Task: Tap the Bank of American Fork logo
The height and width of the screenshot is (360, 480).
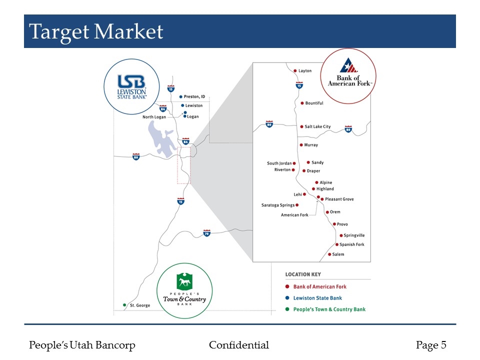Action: click(349, 76)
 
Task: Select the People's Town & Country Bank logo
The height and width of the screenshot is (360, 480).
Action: click(184, 290)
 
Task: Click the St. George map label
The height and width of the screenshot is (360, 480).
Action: click(140, 305)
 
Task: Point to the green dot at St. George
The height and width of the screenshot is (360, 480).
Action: click(124, 305)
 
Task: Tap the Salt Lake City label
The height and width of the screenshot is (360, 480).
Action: click(317, 127)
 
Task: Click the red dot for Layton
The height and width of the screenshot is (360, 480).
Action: click(295, 71)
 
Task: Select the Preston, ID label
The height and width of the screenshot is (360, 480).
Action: click(195, 96)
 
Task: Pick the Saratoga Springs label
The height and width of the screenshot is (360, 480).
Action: click(278, 205)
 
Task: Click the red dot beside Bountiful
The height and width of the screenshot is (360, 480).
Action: click(302, 103)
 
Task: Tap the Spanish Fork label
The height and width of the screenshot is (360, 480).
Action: click(352, 244)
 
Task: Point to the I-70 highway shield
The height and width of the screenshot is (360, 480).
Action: click(206, 233)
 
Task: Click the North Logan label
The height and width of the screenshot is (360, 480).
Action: click(154, 117)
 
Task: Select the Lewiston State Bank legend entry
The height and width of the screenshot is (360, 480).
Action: click(317, 298)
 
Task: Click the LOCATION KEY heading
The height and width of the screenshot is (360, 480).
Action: click(303, 274)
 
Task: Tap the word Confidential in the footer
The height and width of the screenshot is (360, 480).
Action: click(239, 345)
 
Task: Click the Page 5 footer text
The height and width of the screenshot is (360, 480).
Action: click(431, 345)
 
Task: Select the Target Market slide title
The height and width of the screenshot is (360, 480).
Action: click(96, 32)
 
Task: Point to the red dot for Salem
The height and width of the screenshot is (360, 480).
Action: click(329, 254)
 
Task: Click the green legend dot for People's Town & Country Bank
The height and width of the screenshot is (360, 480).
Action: click(287, 309)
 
